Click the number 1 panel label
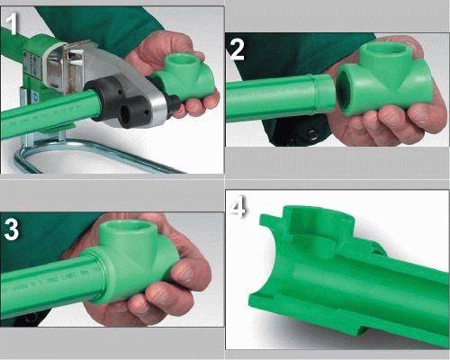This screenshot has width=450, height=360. [16, 17]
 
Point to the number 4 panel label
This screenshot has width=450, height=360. [238, 208]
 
